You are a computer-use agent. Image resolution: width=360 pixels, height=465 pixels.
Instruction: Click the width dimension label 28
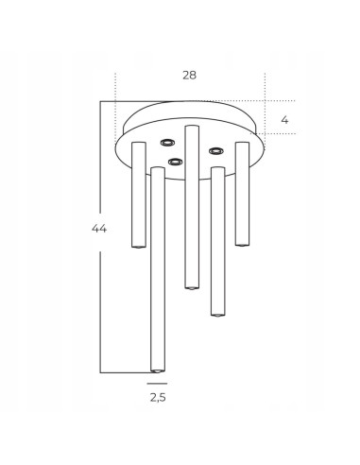[x=189, y=76]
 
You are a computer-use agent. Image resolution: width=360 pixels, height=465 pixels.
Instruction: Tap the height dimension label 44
[x=99, y=229]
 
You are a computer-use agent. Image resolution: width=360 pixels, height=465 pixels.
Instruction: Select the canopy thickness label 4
[x=284, y=120]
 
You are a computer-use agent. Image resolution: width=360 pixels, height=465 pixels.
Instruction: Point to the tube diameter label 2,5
[x=158, y=398]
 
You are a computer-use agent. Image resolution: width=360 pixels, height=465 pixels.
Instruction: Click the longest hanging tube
[x=158, y=269]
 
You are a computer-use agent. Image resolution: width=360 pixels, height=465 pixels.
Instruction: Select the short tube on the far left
[x=139, y=195]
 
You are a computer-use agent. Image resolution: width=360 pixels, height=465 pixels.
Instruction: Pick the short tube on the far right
[x=242, y=194]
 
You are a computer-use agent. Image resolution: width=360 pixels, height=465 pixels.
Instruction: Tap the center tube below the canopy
[x=192, y=207]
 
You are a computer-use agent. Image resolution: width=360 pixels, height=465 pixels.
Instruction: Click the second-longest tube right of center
[x=218, y=241]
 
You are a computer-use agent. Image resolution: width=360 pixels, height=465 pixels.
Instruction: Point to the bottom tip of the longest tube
[x=158, y=371]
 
